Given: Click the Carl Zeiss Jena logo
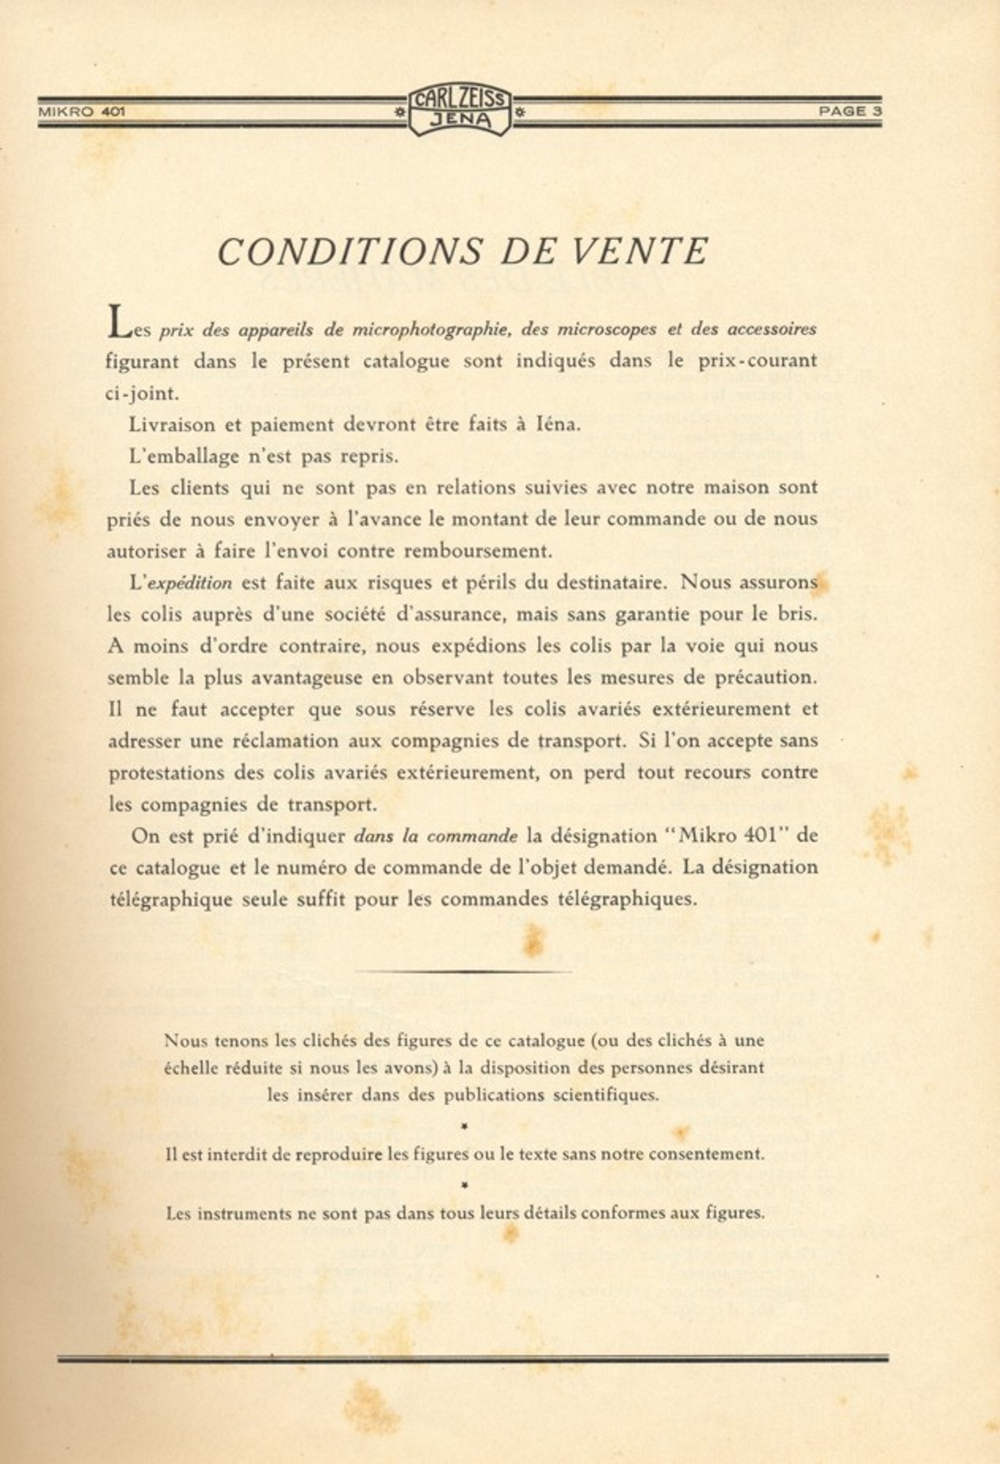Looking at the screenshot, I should pos(460,110).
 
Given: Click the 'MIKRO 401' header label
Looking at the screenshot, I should pos(82,112).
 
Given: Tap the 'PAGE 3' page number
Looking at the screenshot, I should pos(849,112).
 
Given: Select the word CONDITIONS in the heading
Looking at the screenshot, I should pos(349,252).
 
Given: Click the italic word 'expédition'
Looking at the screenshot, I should pos(190,583).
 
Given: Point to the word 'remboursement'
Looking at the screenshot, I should pos(478,551).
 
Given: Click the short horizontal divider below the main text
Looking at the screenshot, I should pos(462,970).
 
